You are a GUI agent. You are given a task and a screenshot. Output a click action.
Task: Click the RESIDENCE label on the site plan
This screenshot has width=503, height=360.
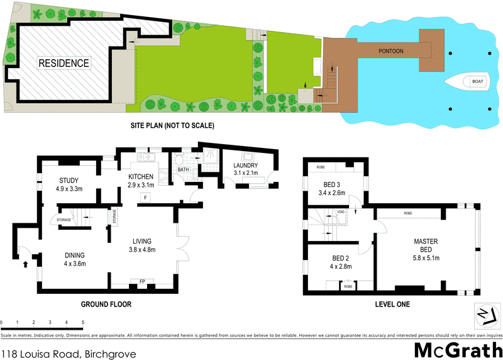click(x=64, y=63)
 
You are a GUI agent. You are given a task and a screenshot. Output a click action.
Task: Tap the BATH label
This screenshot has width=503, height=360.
click(x=183, y=169)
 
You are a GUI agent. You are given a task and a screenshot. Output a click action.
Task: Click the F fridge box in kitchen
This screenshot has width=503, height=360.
click(x=145, y=198)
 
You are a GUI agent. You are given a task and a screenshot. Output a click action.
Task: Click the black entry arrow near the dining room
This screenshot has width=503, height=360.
click(x=26, y=264)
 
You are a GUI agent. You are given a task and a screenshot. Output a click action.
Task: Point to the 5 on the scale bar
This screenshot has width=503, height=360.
click(x=83, y=322)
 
